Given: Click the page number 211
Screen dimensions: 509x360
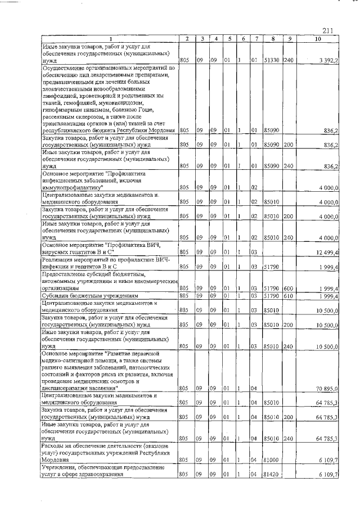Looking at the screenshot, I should click(328, 30).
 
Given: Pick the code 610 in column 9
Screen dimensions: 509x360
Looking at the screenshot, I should click(289, 295).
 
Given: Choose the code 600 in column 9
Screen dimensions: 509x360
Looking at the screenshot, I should click(289, 287).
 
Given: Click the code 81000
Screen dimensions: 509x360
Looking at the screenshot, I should click(272, 460).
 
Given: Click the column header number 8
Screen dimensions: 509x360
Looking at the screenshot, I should click(272, 39).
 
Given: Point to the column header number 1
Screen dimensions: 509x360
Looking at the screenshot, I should click(110, 39).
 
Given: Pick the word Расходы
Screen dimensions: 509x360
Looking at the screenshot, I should click(55, 445).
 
